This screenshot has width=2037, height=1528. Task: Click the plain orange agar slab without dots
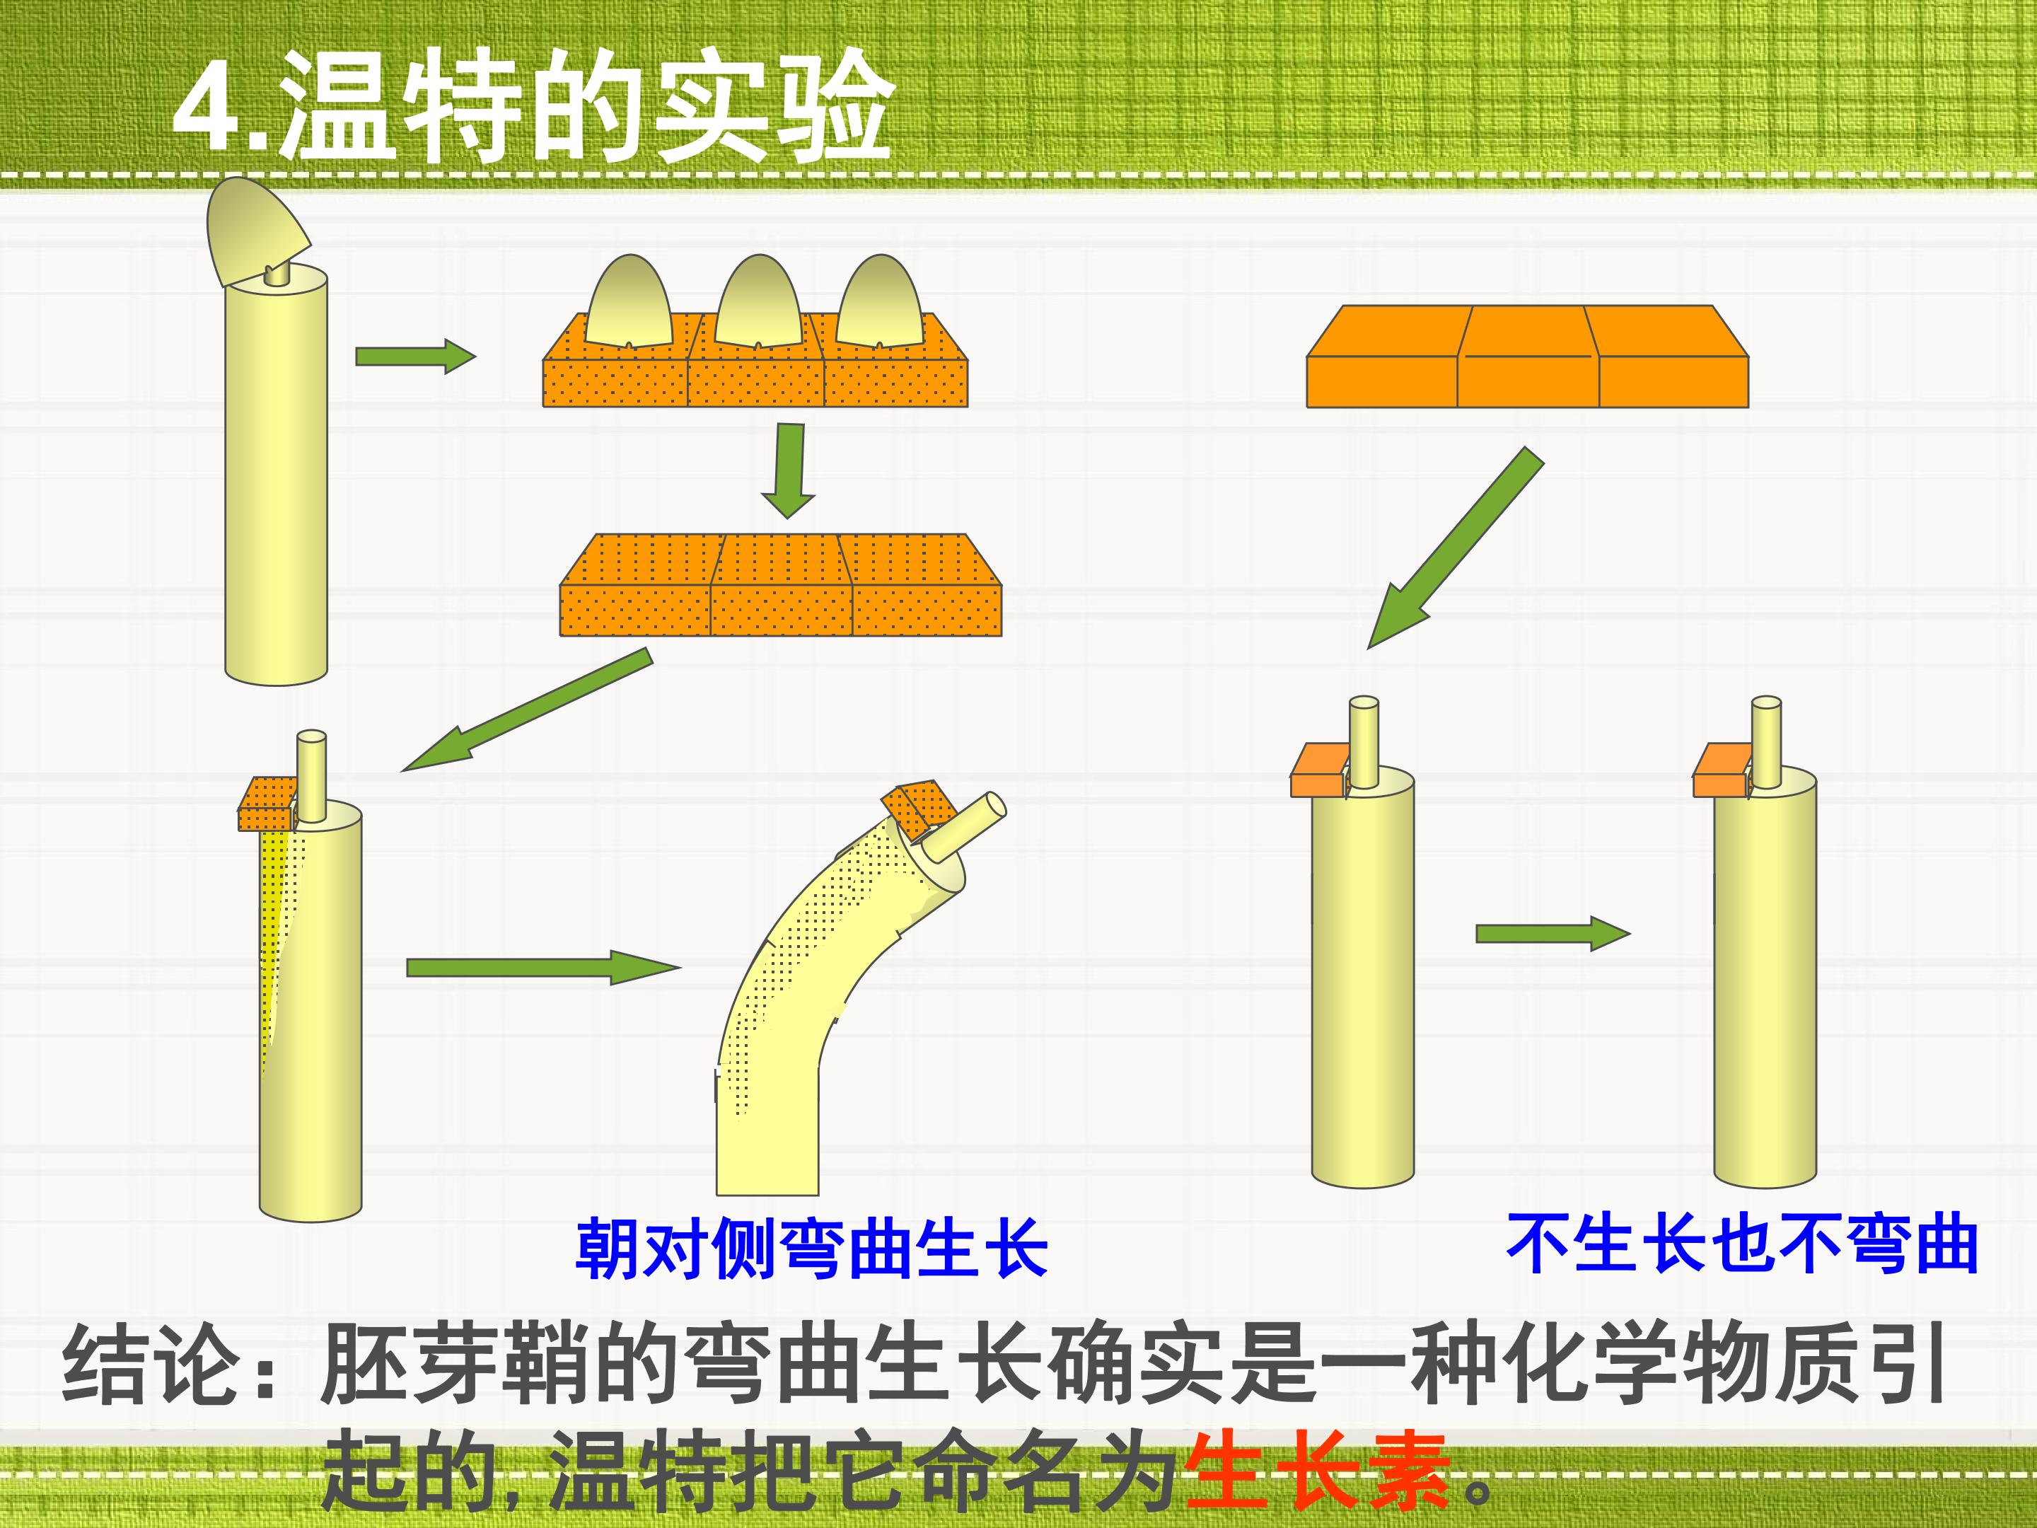(1527, 356)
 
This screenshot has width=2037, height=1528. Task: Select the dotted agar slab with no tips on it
(781, 585)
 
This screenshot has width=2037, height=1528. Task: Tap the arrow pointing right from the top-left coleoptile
(415, 357)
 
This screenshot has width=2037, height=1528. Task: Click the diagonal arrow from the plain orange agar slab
(1455, 548)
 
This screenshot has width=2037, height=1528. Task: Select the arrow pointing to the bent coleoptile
(543, 968)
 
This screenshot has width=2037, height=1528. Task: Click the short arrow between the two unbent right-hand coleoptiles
(1553, 934)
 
